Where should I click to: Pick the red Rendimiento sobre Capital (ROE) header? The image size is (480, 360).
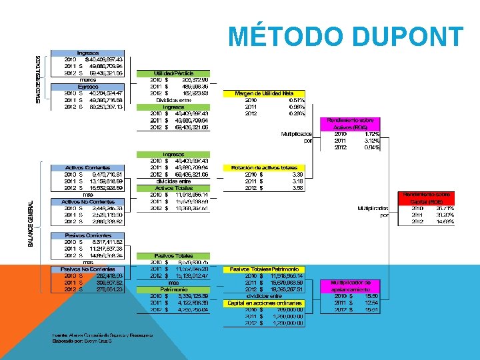click(427, 197)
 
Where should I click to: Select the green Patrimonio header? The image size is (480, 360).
click(173, 289)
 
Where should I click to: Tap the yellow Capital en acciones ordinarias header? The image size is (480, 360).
click(265, 303)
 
